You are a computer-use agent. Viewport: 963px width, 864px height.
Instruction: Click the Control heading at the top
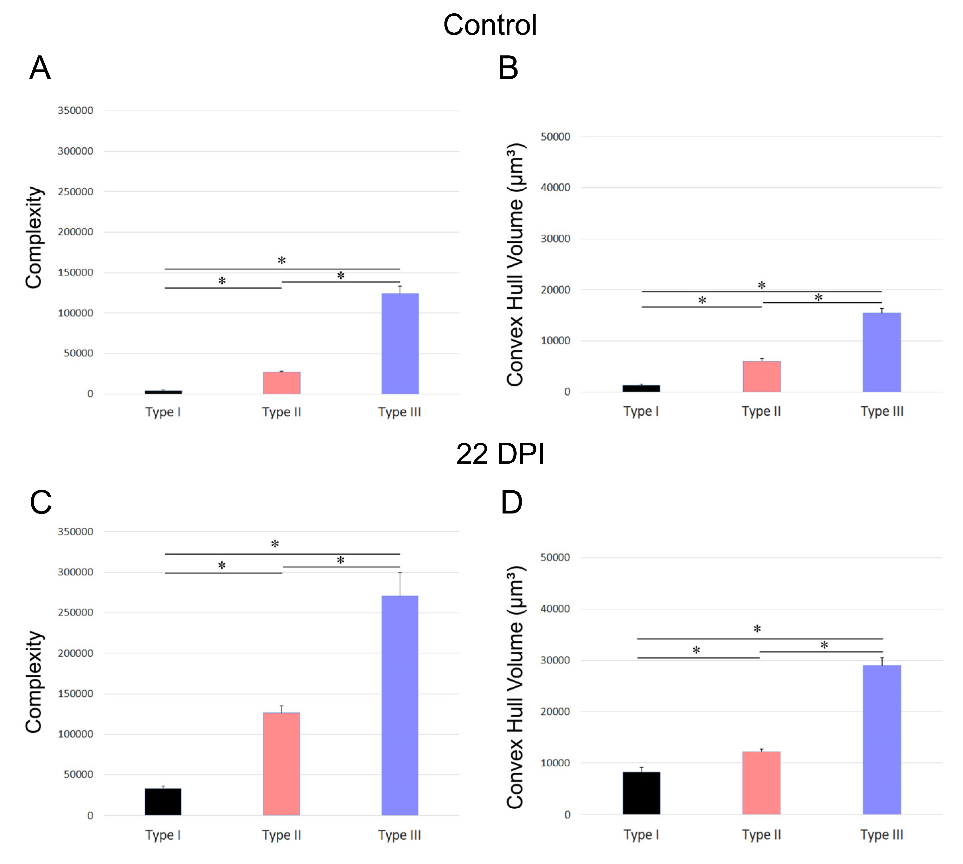(x=490, y=25)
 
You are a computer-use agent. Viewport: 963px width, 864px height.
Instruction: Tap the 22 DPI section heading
(x=500, y=454)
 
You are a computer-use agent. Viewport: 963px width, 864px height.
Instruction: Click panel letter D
(x=512, y=502)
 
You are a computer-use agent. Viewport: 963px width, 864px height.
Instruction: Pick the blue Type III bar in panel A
(x=400, y=344)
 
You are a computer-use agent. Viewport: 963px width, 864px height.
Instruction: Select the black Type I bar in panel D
(x=641, y=793)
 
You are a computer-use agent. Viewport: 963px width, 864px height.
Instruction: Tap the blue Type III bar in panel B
(x=881, y=352)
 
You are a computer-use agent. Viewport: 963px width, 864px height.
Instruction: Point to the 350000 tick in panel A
(x=75, y=111)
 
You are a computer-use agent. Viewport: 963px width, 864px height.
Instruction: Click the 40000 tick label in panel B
(x=555, y=188)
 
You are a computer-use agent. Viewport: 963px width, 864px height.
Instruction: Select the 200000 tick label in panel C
(x=75, y=653)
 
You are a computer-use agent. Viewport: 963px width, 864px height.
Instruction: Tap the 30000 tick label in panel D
(x=555, y=660)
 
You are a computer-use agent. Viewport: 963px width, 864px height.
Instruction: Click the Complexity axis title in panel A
(x=34, y=237)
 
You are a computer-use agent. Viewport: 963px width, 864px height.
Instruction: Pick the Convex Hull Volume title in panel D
(x=515, y=687)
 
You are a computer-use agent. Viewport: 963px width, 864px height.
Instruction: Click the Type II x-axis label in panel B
(x=761, y=411)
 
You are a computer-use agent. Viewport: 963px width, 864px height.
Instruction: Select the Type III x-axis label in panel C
(x=399, y=835)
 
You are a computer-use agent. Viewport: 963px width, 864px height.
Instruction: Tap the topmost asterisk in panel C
(x=275, y=545)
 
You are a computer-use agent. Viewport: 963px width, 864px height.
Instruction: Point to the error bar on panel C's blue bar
(x=400, y=584)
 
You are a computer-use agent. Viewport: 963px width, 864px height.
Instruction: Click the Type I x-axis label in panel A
(x=163, y=412)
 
